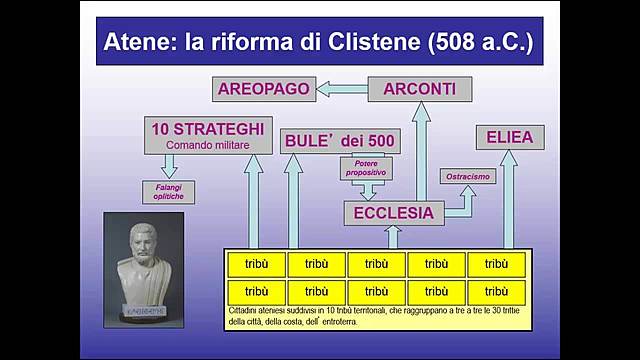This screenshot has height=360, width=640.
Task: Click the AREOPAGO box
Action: tap(263, 89)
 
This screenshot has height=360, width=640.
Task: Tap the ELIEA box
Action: tap(509, 137)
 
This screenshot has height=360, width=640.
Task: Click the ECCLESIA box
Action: tap(393, 212)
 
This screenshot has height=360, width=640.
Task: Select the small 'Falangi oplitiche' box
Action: tap(168, 191)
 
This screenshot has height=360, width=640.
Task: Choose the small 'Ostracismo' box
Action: tap(468, 176)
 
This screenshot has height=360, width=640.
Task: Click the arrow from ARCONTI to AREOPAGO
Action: tap(341, 90)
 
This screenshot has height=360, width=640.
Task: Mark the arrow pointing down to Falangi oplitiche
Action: tap(169, 166)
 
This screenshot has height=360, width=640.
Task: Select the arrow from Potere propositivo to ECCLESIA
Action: tap(369, 190)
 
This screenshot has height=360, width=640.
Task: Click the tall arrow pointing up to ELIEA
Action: tap(509, 200)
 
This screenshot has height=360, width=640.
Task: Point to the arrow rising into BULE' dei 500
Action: tap(293, 200)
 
